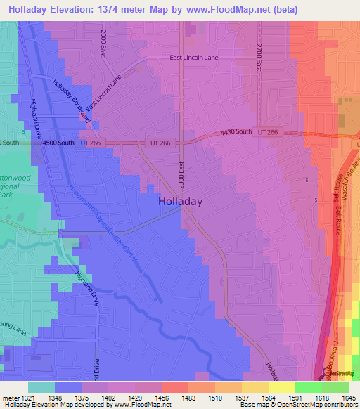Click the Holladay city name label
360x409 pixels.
[x=179, y=201]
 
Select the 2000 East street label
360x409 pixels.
[x=103, y=43]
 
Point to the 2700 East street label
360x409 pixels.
[x=259, y=56]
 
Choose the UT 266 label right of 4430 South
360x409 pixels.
[x=268, y=131]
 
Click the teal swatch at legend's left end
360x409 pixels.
[x=41, y=387]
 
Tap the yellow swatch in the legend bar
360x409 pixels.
[x=282, y=387]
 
